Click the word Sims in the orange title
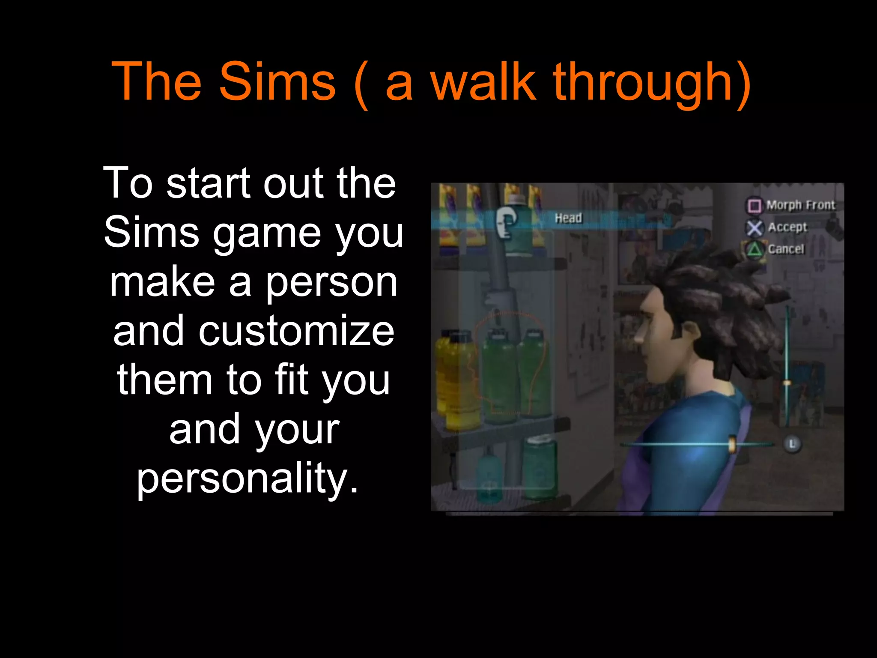coord(277,81)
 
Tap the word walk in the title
coord(483,81)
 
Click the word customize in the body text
coord(254,331)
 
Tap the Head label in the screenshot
coord(568,218)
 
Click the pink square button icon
coord(754,206)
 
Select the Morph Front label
coord(800,205)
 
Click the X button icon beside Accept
coord(755,228)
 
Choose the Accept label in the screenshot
coord(787,227)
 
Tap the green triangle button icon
coord(755,249)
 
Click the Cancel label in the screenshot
coord(786,249)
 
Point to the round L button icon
coord(792,444)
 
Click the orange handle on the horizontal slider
coord(732,444)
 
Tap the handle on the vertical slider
coord(787,383)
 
